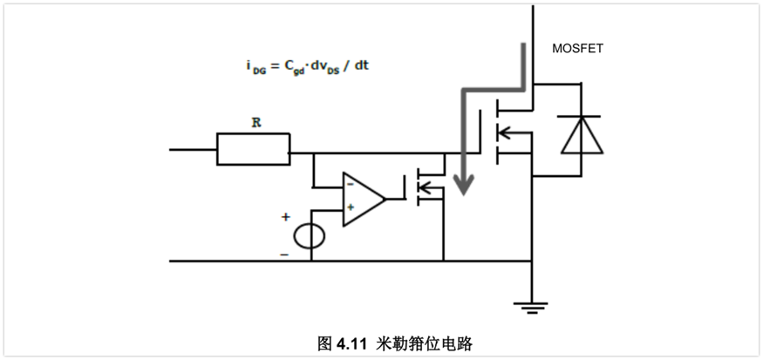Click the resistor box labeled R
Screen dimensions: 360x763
(x=253, y=149)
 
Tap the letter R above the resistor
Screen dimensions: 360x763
(x=255, y=123)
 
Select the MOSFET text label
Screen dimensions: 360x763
(x=577, y=49)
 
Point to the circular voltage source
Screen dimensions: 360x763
(x=309, y=236)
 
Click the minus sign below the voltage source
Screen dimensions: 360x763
(x=284, y=254)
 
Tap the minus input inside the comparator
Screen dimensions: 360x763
(x=351, y=185)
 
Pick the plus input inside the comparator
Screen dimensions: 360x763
(x=351, y=207)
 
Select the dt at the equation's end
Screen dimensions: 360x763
(x=361, y=65)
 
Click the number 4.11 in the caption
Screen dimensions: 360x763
(x=352, y=343)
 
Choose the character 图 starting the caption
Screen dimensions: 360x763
(x=324, y=343)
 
